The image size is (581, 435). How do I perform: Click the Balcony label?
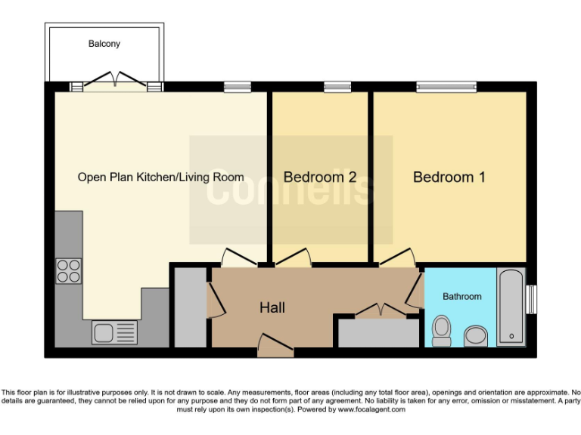coord(103,44)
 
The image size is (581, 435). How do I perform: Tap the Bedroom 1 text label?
coord(449,177)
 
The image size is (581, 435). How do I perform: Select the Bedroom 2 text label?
coord(320,177)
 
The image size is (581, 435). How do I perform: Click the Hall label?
coord(272,308)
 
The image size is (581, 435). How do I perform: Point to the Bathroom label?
coord(461,297)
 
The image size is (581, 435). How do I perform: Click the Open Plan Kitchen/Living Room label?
coord(160,177)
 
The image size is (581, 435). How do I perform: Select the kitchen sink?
coord(114,332)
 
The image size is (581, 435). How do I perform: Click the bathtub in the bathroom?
coord(512,307)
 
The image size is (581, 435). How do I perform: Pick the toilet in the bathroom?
coord(441,330)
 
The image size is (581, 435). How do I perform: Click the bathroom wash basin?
coord(477,334)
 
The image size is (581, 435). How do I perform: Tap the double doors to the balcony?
coord(117,82)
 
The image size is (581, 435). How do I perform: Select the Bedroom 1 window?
coord(446,87)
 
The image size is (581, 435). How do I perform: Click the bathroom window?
coord(531,298)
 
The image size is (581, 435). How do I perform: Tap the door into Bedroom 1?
coord(396,258)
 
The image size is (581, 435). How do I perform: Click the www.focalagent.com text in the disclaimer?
coord(371,409)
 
